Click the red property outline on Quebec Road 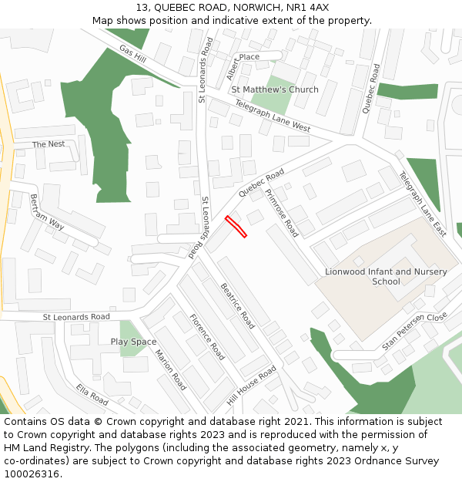(x=236, y=227)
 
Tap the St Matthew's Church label (x=275, y=89)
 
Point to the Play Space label (x=133, y=342)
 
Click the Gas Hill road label (x=132, y=54)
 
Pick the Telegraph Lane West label (x=273, y=116)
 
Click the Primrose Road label (x=281, y=212)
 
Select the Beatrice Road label (x=237, y=306)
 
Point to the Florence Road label (x=207, y=337)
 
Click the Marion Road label (x=170, y=369)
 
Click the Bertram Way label (x=47, y=211)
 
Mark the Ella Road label (x=92, y=394)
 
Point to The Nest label (x=49, y=144)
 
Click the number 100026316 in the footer (x=32, y=474)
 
